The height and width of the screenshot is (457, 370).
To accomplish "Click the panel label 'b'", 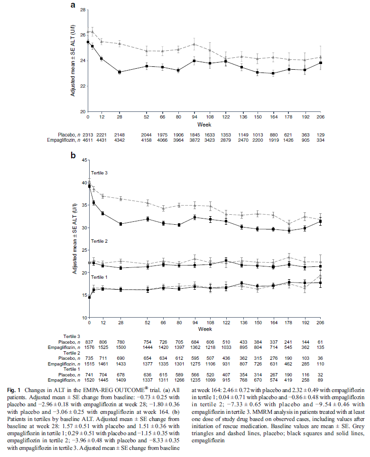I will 73,155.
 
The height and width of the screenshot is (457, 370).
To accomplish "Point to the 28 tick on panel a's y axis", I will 83,10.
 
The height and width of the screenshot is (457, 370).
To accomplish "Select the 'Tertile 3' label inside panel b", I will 100,173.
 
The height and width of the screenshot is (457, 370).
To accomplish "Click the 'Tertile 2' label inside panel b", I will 100,242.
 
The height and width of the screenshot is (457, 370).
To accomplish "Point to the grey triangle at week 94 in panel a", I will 194,44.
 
